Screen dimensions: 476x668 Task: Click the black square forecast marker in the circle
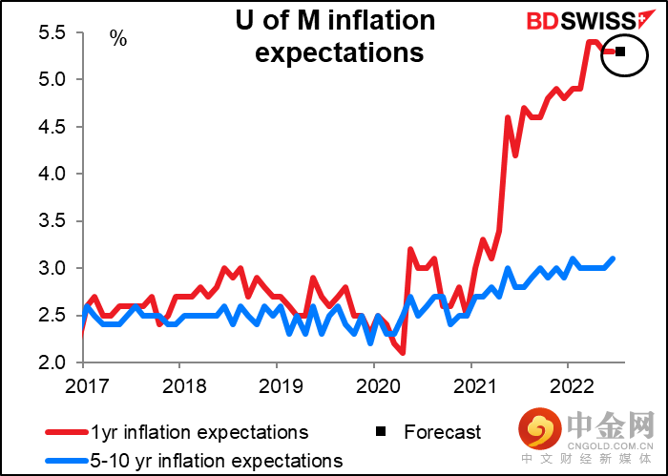[x=619, y=52]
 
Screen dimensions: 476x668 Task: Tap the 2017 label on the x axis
[x=83, y=386]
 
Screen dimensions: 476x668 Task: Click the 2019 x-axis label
[x=276, y=386]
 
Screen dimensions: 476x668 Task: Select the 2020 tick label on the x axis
[x=373, y=386]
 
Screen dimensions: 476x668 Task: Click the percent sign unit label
[x=117, y=40]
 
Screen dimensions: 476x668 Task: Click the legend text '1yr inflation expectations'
[x=200, y=432]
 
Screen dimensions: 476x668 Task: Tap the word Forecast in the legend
[x=443, y=432]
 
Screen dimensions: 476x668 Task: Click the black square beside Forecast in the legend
[x=381, y=432]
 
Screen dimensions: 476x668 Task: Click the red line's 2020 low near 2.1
[x=403, y=353]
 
